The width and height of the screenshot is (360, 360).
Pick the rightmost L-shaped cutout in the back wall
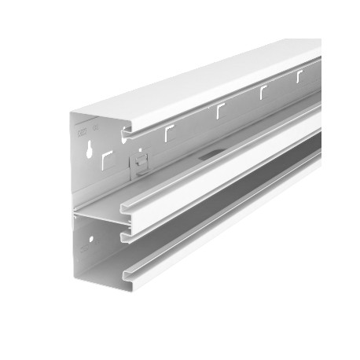[x=299, y=77]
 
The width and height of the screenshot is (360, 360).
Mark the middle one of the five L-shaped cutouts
[x=219, y=111]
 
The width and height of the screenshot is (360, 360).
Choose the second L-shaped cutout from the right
[x=262, y=93]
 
